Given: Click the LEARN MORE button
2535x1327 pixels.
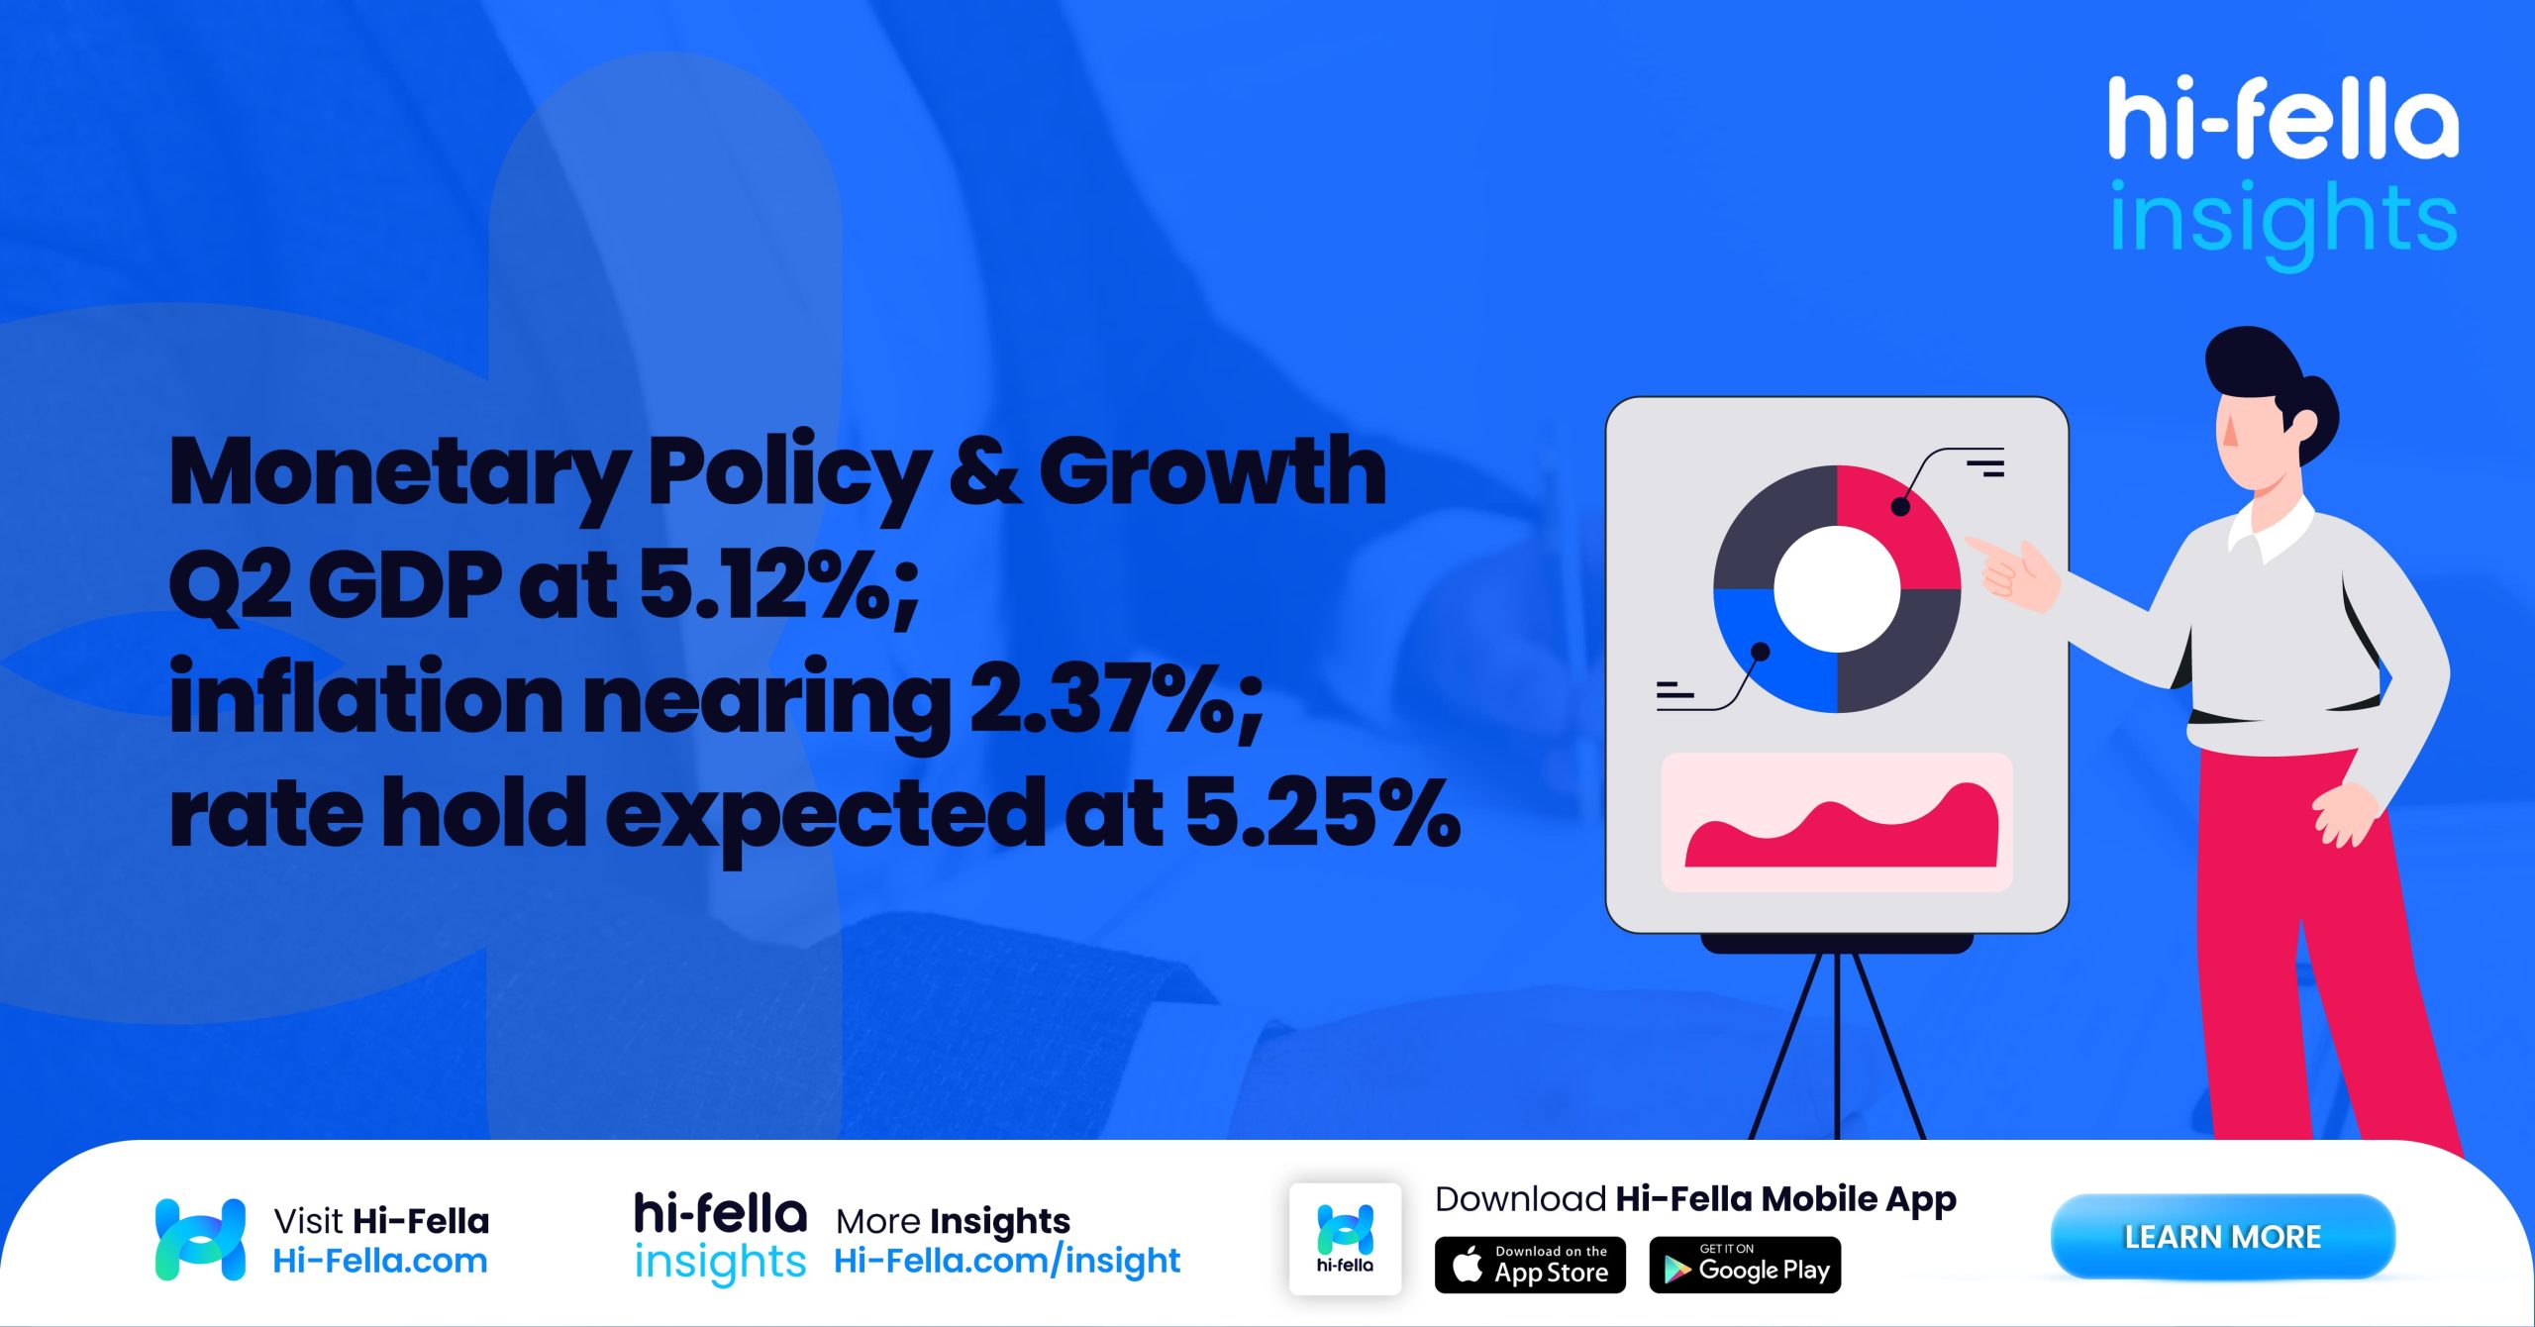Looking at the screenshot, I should [x=2222, y=1236].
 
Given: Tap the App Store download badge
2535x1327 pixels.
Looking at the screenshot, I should [x=1530, y=1265].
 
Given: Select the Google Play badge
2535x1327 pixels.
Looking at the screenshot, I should [x=1745, y=1265].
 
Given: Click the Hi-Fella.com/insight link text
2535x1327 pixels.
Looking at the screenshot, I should [x=1007, y=1261].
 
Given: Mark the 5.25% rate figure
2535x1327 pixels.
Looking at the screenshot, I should [x=1322, y=814].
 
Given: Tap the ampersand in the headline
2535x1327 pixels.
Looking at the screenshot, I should [x=984, y=473].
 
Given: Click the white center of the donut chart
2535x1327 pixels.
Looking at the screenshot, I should [x=1837, y=589].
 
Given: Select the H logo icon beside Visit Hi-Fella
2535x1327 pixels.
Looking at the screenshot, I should [x=200, y=1239].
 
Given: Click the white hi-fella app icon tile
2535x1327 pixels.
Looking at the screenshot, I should [x=1345, y=1238].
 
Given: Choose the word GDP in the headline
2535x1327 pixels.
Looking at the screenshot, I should [x=406, y=586].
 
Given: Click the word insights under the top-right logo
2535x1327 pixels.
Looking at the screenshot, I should [x=2282, y=221].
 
